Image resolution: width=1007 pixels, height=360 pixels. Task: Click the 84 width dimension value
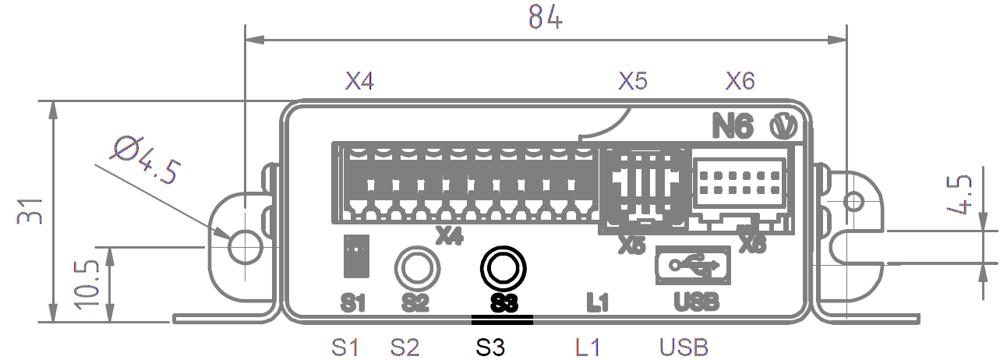[546, 16]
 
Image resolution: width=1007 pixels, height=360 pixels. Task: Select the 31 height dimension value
[30, 211]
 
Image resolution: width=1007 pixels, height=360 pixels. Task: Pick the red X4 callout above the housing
[359, 81]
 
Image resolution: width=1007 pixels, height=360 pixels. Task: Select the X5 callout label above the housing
[633, 81]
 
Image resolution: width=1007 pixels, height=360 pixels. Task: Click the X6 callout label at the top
[740, 81]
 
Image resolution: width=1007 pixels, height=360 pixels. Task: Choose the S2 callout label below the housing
[405, 347]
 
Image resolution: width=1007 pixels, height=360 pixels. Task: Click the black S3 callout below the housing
[492, 347]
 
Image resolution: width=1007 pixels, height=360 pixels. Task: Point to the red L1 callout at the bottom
[588, 347]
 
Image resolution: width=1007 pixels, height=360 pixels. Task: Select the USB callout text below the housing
[684, 347]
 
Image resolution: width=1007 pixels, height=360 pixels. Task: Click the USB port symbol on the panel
[693, 265]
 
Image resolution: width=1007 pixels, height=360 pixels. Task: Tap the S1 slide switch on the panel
[355, 256]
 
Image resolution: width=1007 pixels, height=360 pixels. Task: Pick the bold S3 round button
[503, 267]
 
